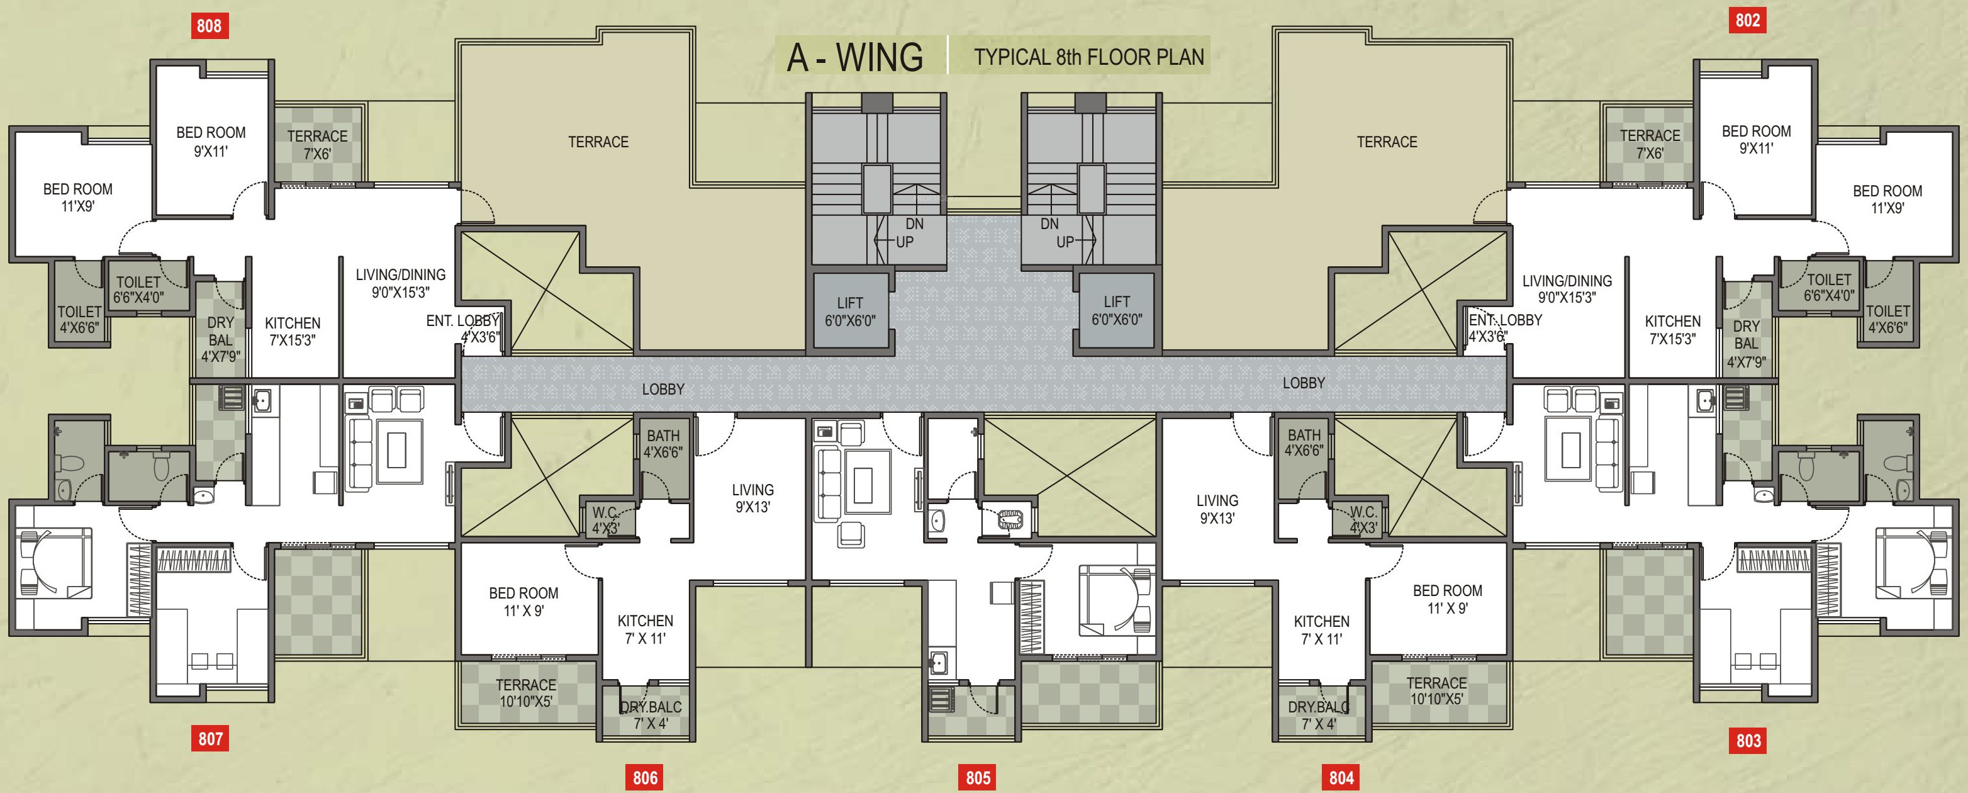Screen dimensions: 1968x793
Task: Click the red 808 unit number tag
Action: point(209,25)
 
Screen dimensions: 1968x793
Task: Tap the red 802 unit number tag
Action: point(1747,20)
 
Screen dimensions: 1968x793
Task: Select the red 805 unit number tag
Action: point(978,778)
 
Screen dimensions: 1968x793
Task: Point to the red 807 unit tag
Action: point(210,738)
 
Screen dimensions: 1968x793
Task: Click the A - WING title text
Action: point(855,57)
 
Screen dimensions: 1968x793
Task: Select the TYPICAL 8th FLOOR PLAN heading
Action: point(1088,57)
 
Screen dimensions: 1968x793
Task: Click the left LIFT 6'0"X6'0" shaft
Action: point(849,312)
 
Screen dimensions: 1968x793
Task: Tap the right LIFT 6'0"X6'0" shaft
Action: point(1116,310)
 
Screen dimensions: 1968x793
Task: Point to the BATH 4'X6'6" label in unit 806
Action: point(663,443)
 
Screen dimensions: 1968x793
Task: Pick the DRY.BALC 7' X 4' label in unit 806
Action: point(650,715)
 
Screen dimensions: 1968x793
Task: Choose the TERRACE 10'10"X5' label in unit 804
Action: point(1436,690)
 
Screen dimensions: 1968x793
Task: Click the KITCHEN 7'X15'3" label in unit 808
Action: point(293,332)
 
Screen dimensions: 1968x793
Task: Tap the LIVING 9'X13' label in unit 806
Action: point(752,498)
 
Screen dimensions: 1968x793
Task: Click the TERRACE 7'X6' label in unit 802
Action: point(1650,143)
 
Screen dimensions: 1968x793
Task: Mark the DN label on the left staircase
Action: point(915,224)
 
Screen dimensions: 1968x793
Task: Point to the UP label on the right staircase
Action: point(1065,242)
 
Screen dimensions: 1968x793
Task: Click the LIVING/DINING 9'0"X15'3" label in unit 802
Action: point(1567,289)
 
